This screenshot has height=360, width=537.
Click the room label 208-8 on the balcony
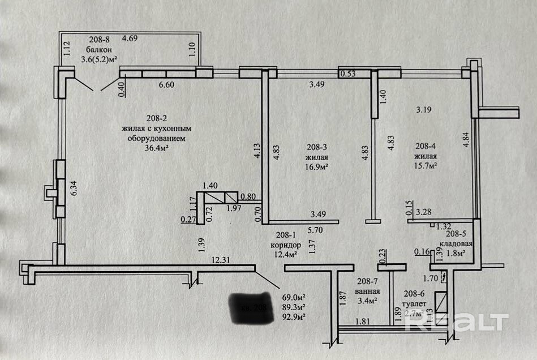coord(100,39)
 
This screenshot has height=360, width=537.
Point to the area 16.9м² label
coord(317,166)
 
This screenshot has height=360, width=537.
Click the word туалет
coord(413,303)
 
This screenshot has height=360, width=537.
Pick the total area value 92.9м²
coord(294,316)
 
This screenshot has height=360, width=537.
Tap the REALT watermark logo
coord(459,322)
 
